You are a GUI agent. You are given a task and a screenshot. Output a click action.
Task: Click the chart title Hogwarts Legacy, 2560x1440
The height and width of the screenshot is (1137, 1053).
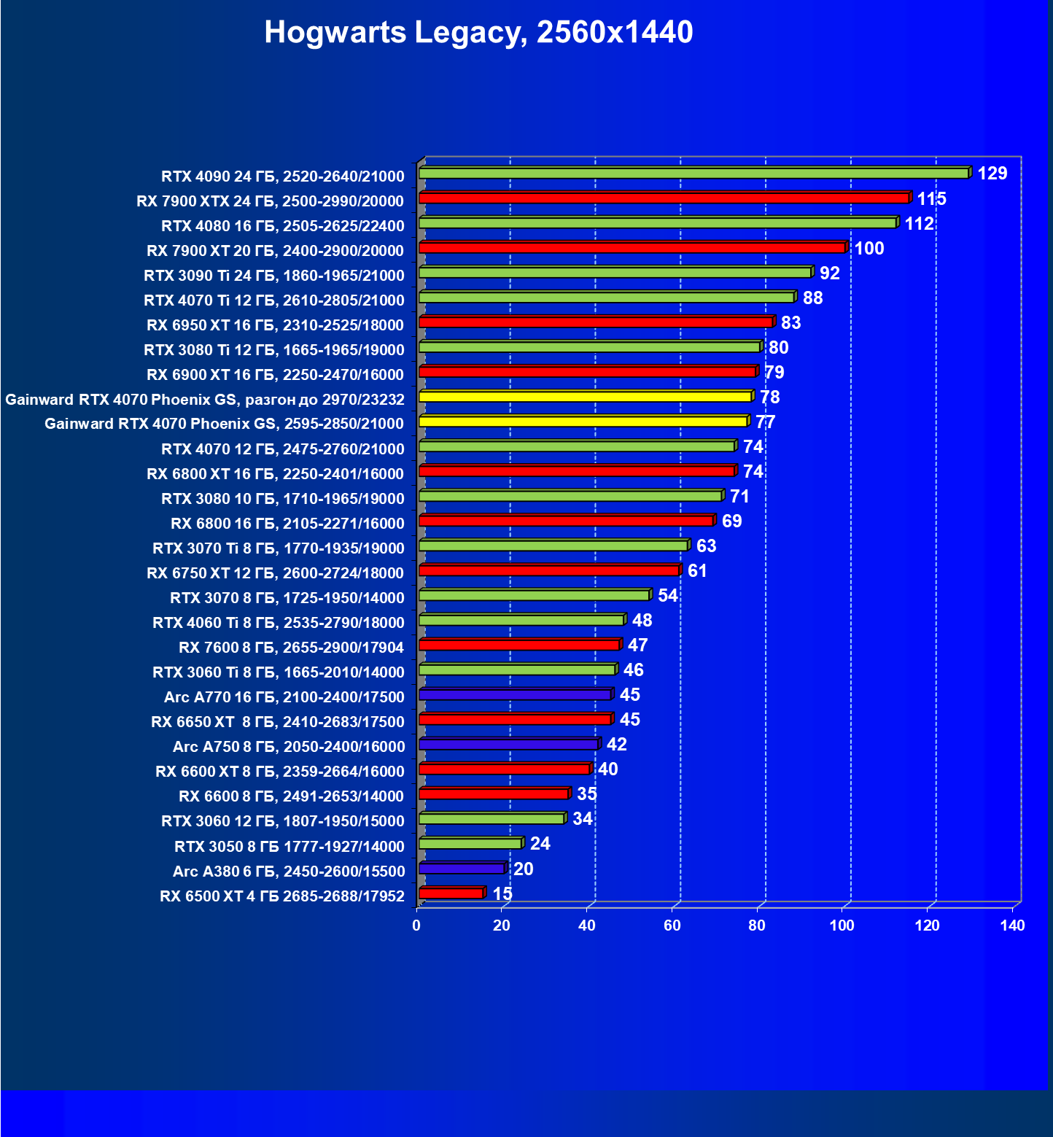point(478,32)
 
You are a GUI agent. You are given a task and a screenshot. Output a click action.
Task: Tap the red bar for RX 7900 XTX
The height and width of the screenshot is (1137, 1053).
point(664,198)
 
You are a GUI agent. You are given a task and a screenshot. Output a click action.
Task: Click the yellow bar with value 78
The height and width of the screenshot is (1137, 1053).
point(585,397)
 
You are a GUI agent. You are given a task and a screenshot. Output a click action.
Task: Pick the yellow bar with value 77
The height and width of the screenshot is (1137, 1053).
point(583,422)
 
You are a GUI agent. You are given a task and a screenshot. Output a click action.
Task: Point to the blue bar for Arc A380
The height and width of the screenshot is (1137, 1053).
point(462,869)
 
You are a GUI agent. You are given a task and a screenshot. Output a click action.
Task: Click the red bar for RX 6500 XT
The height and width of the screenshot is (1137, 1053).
point(451,893)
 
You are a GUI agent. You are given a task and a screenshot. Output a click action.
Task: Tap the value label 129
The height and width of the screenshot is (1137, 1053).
point(992,174)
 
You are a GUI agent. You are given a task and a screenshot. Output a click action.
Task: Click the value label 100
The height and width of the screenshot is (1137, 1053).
point(869,249)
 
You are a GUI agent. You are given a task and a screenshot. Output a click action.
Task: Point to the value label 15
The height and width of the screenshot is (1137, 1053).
point(502,894)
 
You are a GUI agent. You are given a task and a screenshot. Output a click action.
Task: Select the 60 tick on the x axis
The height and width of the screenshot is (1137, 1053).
point(672,925)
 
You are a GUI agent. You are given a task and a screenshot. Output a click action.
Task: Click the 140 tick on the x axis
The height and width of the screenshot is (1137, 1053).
point(1012,925)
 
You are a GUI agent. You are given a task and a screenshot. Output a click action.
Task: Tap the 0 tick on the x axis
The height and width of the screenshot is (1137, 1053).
point(416,925)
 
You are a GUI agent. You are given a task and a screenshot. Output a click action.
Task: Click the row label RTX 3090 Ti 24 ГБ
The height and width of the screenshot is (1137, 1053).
point(274,276)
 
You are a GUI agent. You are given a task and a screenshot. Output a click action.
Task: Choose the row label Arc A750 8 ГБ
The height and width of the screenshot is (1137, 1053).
point(289,747)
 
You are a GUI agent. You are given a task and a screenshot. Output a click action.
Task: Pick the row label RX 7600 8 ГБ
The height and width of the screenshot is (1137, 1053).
point(291,648)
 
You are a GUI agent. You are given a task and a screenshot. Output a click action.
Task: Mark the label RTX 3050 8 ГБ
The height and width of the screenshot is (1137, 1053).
point(290,847)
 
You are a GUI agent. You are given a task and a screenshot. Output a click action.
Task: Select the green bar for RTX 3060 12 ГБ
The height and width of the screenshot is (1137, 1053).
point(491,819)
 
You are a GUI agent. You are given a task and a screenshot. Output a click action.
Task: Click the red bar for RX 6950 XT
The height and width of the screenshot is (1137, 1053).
point(596,322)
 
